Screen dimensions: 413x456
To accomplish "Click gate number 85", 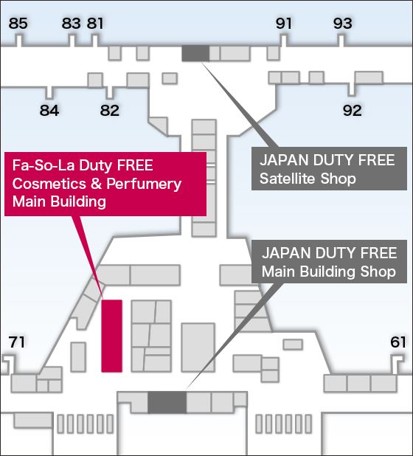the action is point(18,24).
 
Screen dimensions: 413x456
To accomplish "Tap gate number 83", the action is point(72,24).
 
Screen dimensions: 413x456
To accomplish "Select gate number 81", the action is point(95,24).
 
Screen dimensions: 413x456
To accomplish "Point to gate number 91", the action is point(284,24).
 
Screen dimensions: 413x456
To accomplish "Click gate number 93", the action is point(343,24).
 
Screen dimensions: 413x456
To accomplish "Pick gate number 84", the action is point(49,110).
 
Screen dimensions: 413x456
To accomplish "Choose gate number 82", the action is point(110,110).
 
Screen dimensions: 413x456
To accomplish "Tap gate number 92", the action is point(353,110).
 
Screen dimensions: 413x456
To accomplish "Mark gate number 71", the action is point(16,342).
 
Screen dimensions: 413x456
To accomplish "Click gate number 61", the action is point(398,342).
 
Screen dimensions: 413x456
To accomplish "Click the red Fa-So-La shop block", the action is point(111,336).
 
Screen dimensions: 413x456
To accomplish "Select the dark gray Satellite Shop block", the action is point(195,53).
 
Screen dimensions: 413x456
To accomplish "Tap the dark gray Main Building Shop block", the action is point(167,402).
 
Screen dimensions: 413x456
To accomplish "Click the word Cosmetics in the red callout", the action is point(49,184).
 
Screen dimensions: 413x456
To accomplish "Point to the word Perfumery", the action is point(144,184).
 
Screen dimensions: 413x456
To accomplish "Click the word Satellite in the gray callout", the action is point(287,179).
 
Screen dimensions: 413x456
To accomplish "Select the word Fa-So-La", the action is point(44,165).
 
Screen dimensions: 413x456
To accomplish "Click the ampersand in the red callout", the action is point(96,184).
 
